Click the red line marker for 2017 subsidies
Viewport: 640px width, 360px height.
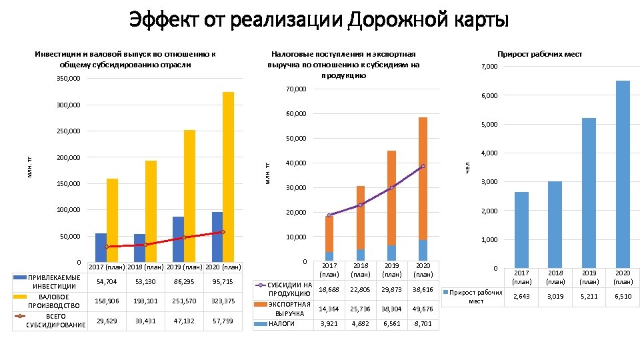(106, 247)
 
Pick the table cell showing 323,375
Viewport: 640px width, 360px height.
(223, 301)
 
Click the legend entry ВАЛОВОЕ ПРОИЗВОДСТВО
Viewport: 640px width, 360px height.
(54, 301)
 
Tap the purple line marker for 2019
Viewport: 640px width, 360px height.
(391, 188)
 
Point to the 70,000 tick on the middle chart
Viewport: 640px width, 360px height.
(294, 89)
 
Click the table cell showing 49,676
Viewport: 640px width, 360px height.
(423, 309)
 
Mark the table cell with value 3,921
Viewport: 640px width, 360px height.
(329, 324)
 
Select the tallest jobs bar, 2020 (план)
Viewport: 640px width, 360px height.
(623, 173)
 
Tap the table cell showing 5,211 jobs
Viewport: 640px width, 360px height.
(589, 296)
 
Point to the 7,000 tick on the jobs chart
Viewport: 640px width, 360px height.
(489, 67)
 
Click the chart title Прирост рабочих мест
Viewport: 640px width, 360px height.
(539, 54)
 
